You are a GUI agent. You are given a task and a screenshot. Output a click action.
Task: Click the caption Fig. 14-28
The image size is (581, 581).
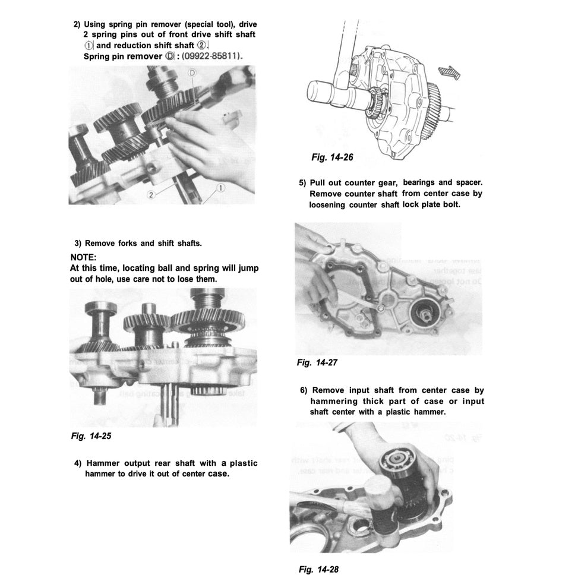[x=318, y=569]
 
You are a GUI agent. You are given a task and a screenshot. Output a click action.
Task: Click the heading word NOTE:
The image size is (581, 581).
[x=87, y=258]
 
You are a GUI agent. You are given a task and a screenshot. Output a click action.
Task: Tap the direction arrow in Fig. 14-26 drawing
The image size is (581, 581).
[x=450, y=71]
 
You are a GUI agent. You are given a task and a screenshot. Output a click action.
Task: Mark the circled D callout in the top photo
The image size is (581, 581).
[x=192, y=72]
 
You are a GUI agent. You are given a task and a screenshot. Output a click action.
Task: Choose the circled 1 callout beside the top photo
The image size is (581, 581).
[x=220, y=187]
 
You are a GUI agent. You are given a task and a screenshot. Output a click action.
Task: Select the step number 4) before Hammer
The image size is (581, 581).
[x=78, y=463]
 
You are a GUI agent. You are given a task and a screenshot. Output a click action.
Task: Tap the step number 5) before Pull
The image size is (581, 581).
[x=302, y=183]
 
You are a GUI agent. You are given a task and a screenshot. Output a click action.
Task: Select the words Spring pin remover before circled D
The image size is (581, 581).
[x=122, y=56]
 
